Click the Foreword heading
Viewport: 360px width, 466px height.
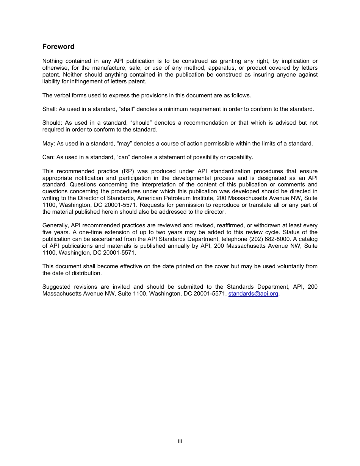pos(58,47)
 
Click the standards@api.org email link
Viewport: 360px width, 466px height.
pos(253,294)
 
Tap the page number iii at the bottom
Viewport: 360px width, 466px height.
pos(180,441)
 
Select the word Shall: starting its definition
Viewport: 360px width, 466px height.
pos(49,109)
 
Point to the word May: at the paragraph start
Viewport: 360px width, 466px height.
pos(49,144)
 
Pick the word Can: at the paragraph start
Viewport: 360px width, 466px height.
pos(49,157)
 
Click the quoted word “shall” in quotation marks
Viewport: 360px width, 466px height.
pos(127,109)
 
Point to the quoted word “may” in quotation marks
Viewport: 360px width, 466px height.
pos(125,144)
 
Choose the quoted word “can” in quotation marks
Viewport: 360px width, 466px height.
pos(124,157)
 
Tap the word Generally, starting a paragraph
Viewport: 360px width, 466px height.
pos(56,225)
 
